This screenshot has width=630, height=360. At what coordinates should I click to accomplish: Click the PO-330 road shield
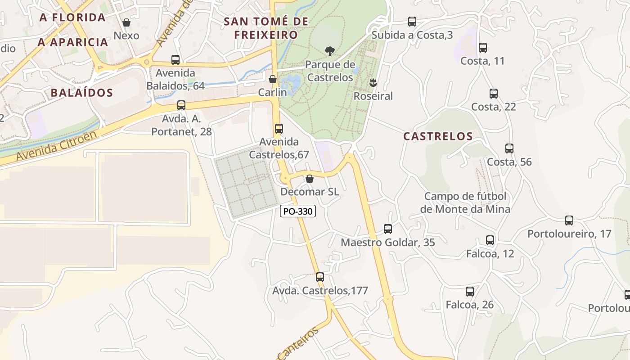(298, 211)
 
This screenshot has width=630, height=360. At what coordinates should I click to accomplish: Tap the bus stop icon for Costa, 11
(483, 47)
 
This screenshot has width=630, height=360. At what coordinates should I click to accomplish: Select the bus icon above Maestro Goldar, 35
(388, 229)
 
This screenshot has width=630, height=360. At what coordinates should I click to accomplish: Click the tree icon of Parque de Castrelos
(330, 51)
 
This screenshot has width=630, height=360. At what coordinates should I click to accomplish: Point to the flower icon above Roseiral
(373, 82)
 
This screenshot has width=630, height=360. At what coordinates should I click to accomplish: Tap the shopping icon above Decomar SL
(310, 179)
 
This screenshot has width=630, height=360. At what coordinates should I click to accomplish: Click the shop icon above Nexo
(126, 22)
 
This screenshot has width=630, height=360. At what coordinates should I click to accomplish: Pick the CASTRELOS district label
(438, 136)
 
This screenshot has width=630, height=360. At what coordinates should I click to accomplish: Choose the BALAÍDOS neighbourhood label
(81, 93)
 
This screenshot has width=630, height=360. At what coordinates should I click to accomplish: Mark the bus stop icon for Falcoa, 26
(470, 291)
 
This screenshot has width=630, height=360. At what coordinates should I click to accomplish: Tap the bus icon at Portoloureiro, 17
(569, 220)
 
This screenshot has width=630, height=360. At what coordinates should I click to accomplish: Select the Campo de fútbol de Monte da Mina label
(465, 202)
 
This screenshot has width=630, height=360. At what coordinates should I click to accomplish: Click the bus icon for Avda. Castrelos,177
(320, 277)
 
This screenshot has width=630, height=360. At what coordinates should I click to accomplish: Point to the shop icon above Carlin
(273, 79)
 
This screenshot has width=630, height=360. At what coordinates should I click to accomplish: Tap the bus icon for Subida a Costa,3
(412, 21)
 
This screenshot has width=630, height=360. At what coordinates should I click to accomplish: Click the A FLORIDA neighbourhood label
(72, 18)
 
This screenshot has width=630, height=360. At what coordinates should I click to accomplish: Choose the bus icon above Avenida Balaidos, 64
(175, 59)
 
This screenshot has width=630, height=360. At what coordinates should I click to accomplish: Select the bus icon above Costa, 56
(509, 148)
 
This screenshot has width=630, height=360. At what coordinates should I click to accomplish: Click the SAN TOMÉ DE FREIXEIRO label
(266, 28)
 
